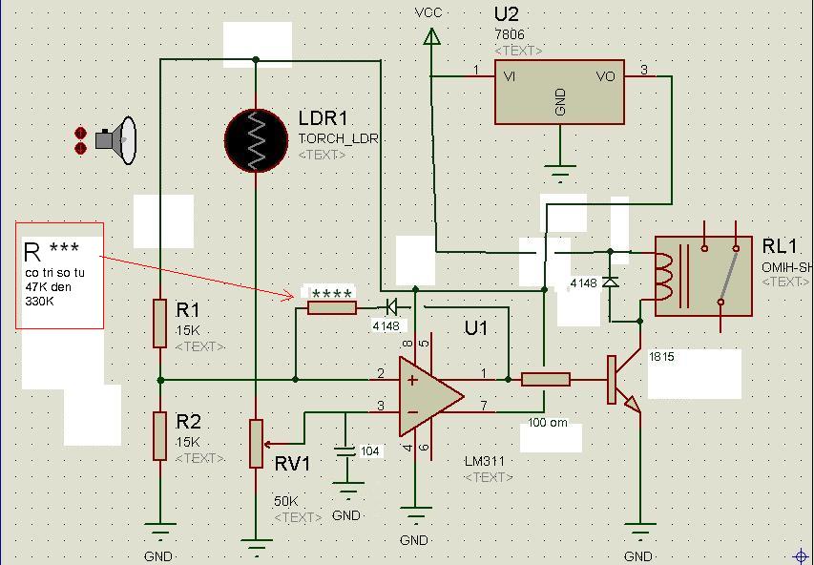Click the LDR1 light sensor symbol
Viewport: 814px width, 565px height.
click(x=256, y=139)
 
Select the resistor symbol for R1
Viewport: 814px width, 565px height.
click(x=160, y=323)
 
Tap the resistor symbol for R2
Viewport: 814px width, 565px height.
click(x=160, y=435)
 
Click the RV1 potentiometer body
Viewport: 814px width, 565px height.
click(x=256, y=443)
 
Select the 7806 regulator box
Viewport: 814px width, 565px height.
click(x=559, y=93)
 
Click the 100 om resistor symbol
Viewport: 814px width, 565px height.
click(x=546, y=380)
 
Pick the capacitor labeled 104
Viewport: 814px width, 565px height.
click(x=346, y=450)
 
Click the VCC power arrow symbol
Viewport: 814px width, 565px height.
click(x=431, y=36)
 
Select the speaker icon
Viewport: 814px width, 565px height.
click(x=115, y=141)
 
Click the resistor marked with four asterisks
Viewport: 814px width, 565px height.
click(x=331, y=307)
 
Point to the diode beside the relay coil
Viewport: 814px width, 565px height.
click(x=611, y=282)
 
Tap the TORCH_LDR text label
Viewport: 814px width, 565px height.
click(x=339, y=138)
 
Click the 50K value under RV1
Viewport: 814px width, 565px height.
click(x=286, y=501)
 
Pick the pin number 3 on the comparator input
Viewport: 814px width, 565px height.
click(x=381, y=407)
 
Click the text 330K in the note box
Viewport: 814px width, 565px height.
click(x=38, y=301)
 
